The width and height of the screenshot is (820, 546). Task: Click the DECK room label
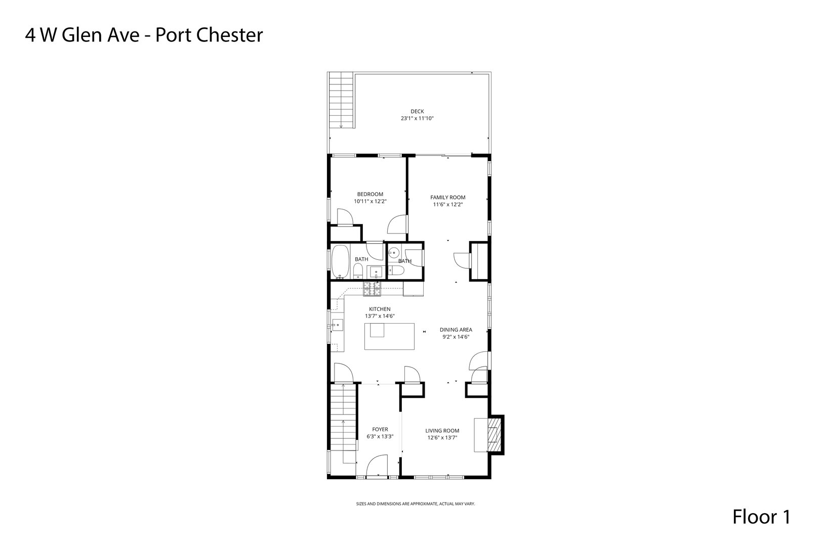pos(417,111)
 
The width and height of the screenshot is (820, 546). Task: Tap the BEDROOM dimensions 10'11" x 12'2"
pos(370,201)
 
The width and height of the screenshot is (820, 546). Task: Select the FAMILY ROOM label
pos(447,198)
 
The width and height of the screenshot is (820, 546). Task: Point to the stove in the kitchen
pos(372,290)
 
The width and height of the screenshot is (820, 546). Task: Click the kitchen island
pos(389,336)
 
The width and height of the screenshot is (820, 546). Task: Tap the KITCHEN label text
pos(380,309)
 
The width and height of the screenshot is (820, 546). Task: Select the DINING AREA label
pos(456,330)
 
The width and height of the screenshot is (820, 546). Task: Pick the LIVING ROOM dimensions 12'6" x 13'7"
pos(442,438)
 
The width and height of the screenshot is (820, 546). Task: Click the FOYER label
pos(380,429)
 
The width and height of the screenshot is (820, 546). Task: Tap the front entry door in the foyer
pos(377,466)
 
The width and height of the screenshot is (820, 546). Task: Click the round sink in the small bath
pos(394,253)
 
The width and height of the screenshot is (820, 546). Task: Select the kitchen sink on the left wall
pos(337,325)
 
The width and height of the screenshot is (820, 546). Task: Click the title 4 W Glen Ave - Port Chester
pos(144,35)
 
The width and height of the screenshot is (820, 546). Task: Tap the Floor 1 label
pos(761,517)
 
